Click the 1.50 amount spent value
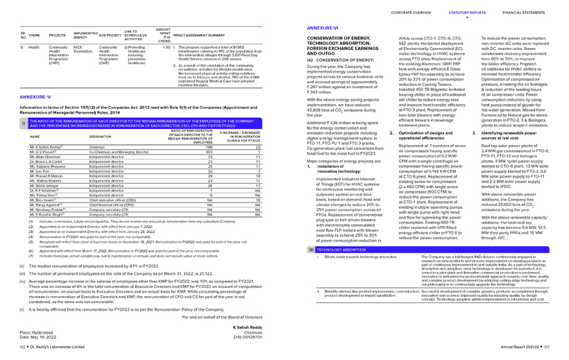pyautogui.click(x=165, y=46)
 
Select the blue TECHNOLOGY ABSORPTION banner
pyautogui.click(x=341, y=248)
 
